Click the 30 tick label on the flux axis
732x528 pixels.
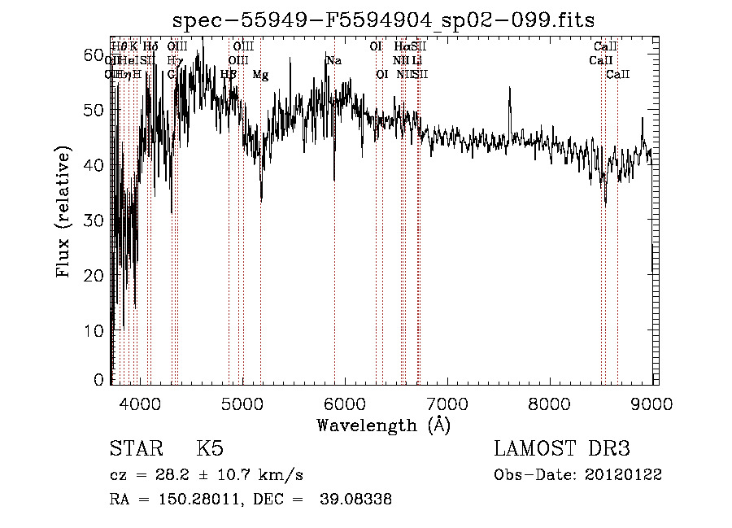coord(96,220)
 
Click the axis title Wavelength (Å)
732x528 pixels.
coord(383,424)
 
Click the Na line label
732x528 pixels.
coord(333,60)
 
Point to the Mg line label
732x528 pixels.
coord(260,75)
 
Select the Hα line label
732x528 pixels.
coord(401,46)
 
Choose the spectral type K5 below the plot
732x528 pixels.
coord(209,449)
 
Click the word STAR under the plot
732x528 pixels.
coord(136,449)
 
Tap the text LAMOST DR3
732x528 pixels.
coord(562,449)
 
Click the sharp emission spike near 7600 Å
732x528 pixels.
coord(510,89)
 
